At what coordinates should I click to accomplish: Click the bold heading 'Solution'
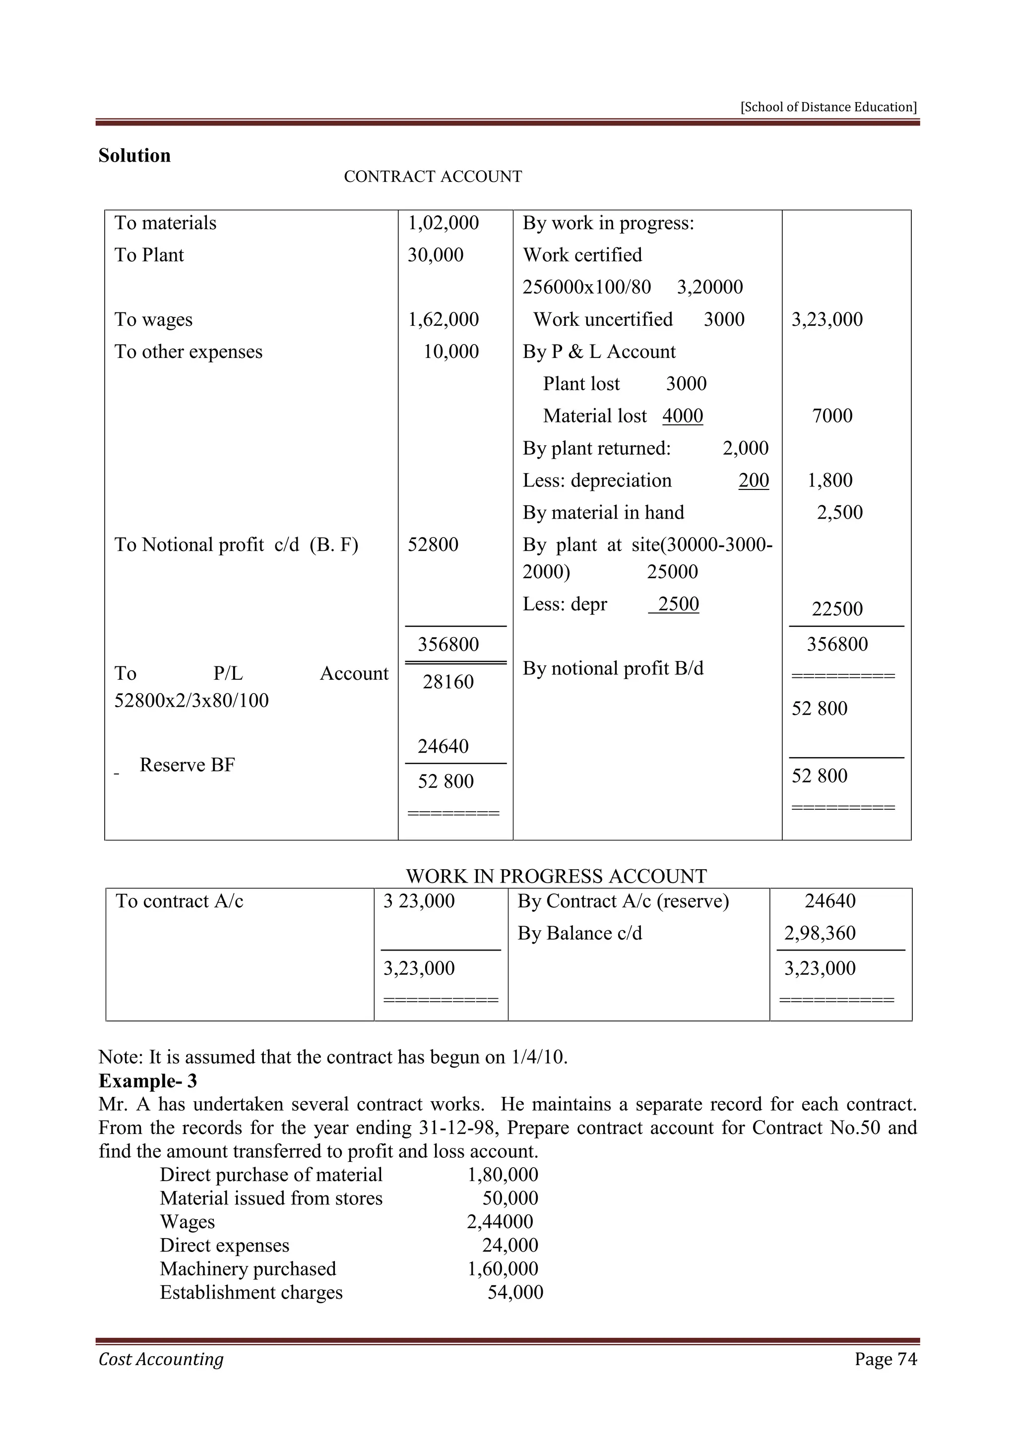[134, 156]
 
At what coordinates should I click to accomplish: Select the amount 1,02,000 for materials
[443, 223]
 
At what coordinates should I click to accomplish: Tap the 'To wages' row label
[153, 320]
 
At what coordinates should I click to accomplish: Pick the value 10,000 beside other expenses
[450, 352]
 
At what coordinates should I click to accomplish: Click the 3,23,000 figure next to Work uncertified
[826, 320]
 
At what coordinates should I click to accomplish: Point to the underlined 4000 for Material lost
[683, 416]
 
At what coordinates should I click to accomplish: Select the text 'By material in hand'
[603, 512]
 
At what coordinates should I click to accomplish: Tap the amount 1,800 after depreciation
[829, 480]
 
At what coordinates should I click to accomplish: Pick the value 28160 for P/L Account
[448, 682]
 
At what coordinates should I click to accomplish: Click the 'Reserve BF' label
[187, 765]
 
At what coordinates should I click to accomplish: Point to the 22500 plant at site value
[836, 608]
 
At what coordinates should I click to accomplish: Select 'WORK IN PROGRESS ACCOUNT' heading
[556, 876]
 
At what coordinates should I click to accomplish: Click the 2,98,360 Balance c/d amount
[820, 933]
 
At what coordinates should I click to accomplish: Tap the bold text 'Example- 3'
[148, 1081]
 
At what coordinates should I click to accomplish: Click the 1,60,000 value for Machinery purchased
[503, 1268]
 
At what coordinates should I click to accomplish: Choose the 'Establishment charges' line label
[251, 1292]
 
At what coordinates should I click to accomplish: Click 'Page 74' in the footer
[885, 1359]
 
